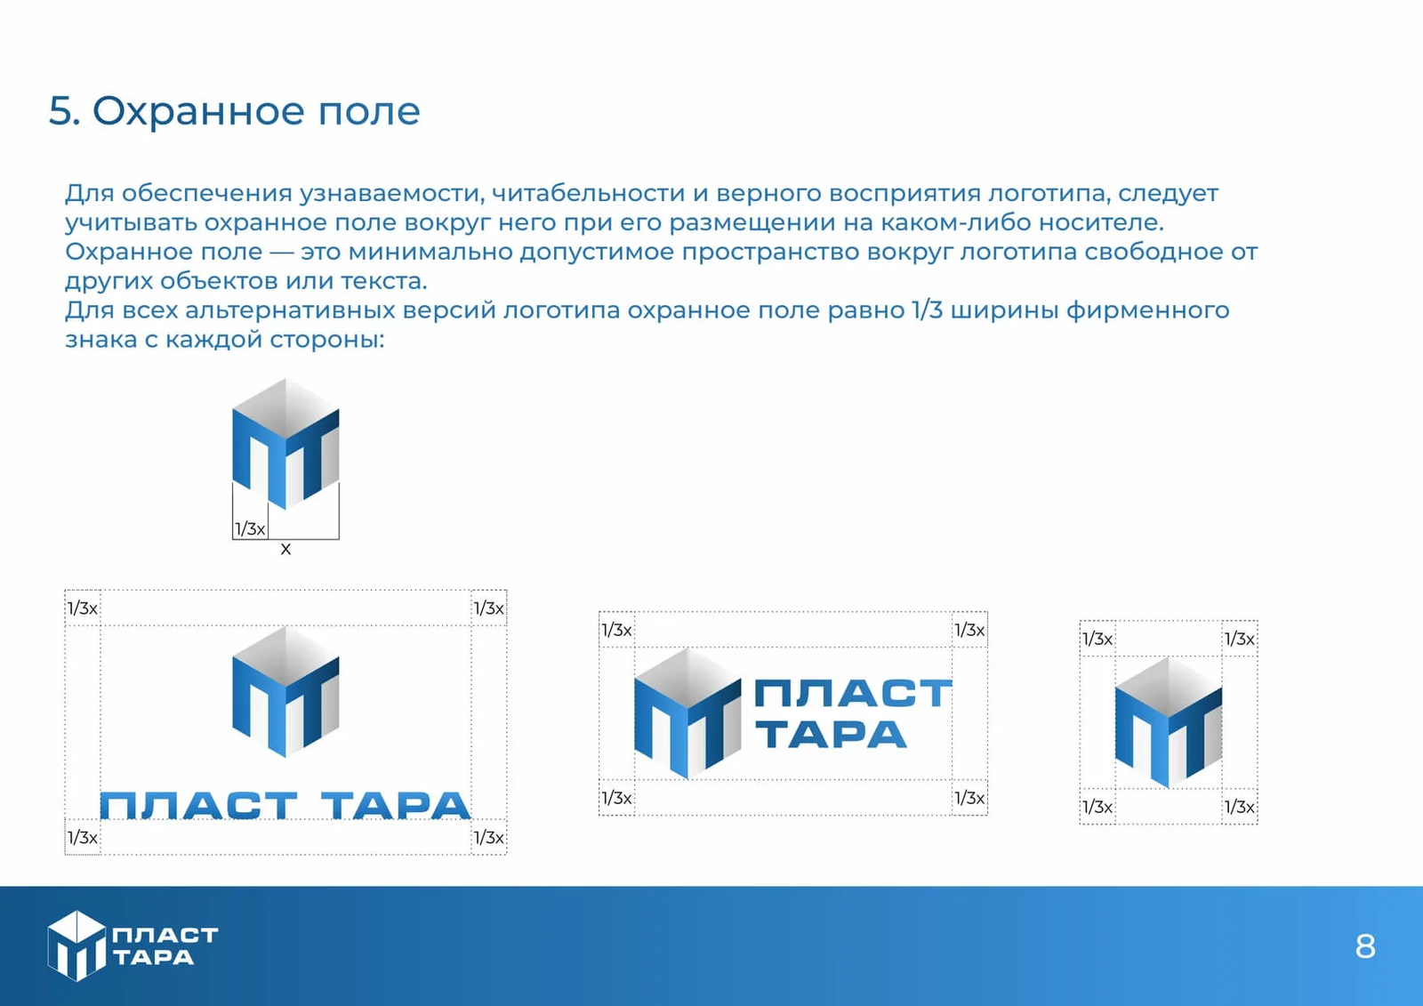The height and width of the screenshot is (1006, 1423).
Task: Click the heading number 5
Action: [x=63, y=111]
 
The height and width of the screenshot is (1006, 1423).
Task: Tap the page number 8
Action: [x=1365, y=946]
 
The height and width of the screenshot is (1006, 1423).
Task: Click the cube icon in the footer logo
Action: [x=76, y=946]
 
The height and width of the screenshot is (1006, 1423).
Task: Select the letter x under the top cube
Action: [x=285, y=550]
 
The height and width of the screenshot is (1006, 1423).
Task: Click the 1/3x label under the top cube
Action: [x=250, y=529]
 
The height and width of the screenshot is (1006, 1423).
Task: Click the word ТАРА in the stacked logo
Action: [x=396, y=806]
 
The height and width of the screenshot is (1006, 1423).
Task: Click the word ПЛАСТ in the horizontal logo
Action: [x=853, y=694]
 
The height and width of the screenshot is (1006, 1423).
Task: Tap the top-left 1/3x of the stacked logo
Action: [x=83, y=608]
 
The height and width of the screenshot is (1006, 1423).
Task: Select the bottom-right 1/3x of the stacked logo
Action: [x=488, y=837]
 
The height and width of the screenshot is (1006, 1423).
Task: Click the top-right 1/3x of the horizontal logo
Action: [x=969, y=630]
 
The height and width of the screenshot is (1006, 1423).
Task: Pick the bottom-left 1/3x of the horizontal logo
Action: [x=616, y=798]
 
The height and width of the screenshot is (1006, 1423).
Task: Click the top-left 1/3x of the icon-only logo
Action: [x=1097, y=639]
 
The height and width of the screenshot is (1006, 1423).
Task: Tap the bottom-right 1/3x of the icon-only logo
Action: [x=1239, y=807]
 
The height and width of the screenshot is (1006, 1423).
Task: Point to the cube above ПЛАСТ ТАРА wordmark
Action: [x=285, y=692]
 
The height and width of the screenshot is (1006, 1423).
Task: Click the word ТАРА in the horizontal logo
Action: [x=831, y=736]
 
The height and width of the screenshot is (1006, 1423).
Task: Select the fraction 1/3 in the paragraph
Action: [x=927, y=310]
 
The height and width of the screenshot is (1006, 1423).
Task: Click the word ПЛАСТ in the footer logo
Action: [x=165, y=935]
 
